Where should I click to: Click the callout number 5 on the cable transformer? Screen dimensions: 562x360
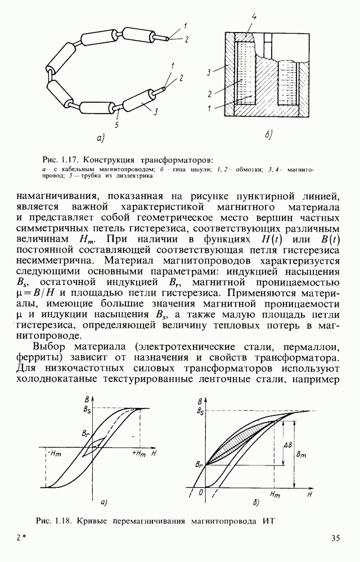(116, 124)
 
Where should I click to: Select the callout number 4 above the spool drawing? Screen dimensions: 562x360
(254, 17)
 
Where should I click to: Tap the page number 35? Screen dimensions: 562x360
(336, 539)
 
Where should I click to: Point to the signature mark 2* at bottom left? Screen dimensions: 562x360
(22, 539)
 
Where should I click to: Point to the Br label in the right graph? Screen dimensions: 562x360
(199, 464)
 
